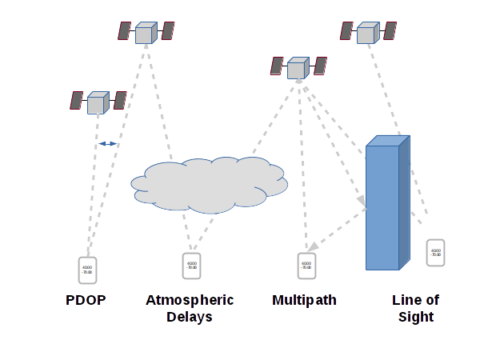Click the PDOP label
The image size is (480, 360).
(86, 301)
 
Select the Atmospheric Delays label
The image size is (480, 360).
(190, 308)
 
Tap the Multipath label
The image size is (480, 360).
(304, 301)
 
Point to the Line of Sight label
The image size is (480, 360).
(415, 308)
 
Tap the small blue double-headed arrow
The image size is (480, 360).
(108, 144)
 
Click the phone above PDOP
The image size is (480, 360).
(87, 270)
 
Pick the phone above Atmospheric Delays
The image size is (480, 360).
(192, 266)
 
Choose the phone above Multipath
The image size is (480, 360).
(306, 266)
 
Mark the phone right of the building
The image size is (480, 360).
(436, 253)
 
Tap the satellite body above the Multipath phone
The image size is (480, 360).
(298, 67)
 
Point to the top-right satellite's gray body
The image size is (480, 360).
(367, 33)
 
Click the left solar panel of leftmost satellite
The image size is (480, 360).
(77, 100)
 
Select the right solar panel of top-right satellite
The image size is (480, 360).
(390, 30)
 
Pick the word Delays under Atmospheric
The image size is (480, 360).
(190, 317)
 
